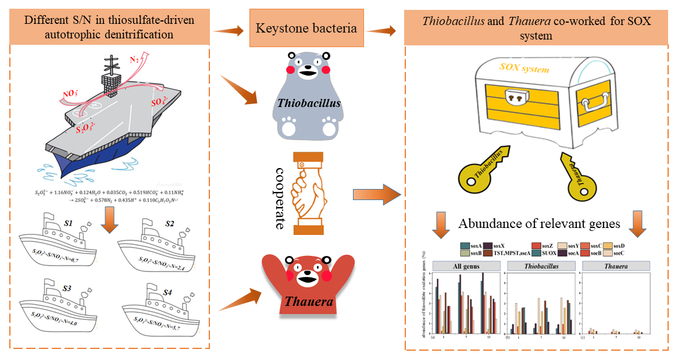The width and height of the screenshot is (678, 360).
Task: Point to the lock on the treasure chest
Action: click(x=515, y=99)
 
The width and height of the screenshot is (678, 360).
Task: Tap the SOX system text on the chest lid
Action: click(x=524, y=69)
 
